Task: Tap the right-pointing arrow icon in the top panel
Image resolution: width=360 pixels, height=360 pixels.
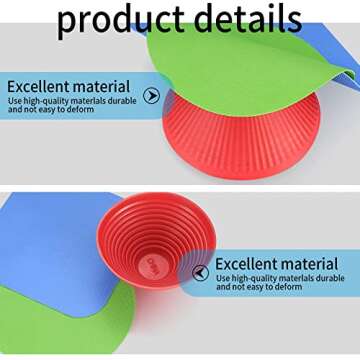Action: [152, 96]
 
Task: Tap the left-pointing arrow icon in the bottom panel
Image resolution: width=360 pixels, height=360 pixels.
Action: [201, 272]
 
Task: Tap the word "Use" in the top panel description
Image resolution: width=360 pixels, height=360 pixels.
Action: [16, 100]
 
